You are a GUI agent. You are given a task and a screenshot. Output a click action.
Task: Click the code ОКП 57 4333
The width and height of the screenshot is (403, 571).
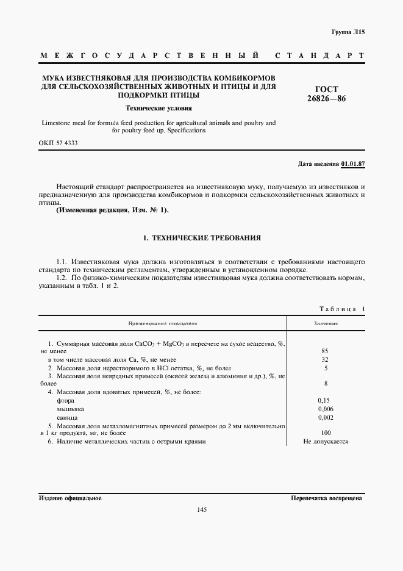coord(59,143)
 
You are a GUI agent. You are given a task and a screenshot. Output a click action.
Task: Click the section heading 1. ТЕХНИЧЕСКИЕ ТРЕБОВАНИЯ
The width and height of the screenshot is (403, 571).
coord(201,237)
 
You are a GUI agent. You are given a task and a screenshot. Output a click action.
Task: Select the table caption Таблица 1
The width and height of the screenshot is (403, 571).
coord(341,309)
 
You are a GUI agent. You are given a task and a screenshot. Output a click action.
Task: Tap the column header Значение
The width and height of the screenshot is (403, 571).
coord(326,323)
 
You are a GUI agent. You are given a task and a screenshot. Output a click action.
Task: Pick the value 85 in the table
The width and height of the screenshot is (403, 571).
coord(325,351)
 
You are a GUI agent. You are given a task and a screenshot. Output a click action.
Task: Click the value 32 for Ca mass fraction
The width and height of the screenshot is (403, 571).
coord(325,360)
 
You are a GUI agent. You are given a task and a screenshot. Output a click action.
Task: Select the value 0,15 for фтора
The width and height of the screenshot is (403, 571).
coord(325,400)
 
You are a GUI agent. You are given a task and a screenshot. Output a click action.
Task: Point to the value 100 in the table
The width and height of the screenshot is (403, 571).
coord(325,432)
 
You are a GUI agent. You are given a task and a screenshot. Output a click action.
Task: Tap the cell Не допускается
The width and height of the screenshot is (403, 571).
coord(325,440)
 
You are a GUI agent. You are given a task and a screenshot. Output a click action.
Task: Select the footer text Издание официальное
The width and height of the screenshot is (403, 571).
coord(70,498)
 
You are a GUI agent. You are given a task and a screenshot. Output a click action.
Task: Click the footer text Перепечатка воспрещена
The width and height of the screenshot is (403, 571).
coord(327,498)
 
